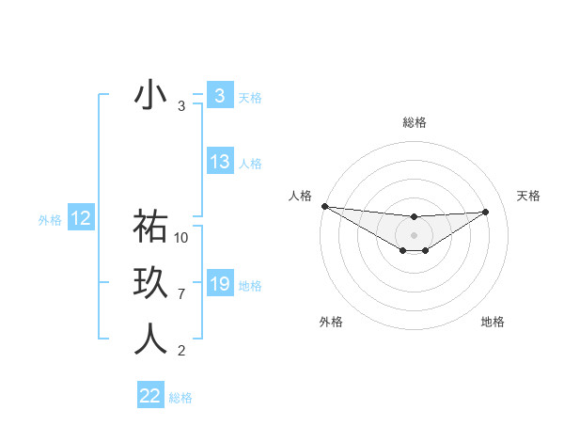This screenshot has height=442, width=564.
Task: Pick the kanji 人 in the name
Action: (x=150, y=339)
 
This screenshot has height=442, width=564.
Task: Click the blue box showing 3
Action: (x=219, y=95)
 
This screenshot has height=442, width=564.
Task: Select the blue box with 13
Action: (x=220, y=161)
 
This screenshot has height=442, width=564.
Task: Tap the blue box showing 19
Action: (x=220, y=283)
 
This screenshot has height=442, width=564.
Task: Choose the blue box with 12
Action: (x=81, y=218)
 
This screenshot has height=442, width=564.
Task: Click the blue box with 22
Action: (x=150, y=396)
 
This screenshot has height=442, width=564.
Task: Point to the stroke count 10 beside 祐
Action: (x=182, y=238)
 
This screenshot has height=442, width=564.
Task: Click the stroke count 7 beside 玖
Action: (x=181, y=294)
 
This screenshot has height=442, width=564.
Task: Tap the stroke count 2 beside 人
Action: (x=181, y=351)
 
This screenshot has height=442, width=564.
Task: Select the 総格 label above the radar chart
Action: (x=414, y=122)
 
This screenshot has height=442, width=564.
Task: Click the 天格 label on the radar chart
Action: (x=529, y=196)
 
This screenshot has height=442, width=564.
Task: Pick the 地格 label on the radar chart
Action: (x=493, y=322)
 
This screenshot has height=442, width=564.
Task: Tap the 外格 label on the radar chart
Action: (x=331, y=322)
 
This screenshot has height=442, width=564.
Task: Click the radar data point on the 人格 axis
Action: (x=324, y=206)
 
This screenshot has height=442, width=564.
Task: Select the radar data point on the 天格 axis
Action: (x=486, y=212)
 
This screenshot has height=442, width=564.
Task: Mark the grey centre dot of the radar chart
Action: (x=414, y=235)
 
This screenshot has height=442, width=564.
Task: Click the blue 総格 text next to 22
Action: (x=180, y=398)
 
